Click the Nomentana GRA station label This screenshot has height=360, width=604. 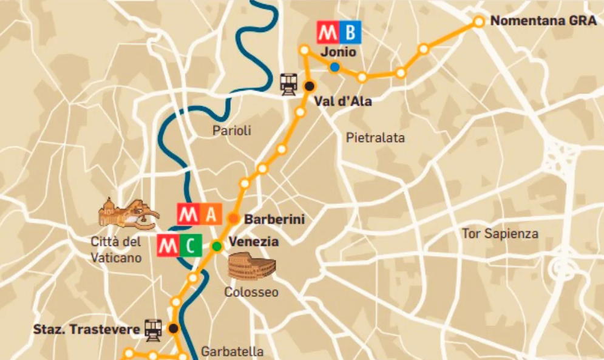pyautogui.click(x=543, y=21)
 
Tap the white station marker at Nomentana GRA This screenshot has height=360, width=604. pyautogui.click(x=478, y=21)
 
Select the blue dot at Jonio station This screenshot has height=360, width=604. pyautogui.click(x=334, y=67)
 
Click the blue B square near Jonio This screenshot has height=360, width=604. pyautogui.click(x=350, y=32)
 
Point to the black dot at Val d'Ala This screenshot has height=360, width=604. pyautogui.click(x=310, y=86)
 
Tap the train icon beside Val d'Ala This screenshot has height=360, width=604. pyautogui.click(x=288, y=83)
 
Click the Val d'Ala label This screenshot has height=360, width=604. pyautogui.click(x=343, y=101)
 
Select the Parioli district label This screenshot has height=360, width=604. pyautogui.click(x=231, y=131)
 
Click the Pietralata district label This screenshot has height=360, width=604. pyautogui.click(x=375, y=138)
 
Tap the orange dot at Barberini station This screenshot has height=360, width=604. pyautogui.click(x=233, y=219)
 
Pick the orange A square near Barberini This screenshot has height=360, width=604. pyautogui.click(x=211, y=214)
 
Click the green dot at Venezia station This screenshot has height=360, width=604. pyautogui.click(x=216, y=246)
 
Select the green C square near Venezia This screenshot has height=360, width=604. pyautogui.click(x=191, y=246)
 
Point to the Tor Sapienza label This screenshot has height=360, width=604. pyautogui.click(x=500, y=234)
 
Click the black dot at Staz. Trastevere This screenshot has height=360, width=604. pyautogui.click(x=174, y=328)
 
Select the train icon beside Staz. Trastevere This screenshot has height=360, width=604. pyautogui.click(x=153, y=328)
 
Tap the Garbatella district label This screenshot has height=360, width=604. pyautogui.click(x=232, y=352)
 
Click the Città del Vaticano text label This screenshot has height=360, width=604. pyautogui.click(x=116, y=250)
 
